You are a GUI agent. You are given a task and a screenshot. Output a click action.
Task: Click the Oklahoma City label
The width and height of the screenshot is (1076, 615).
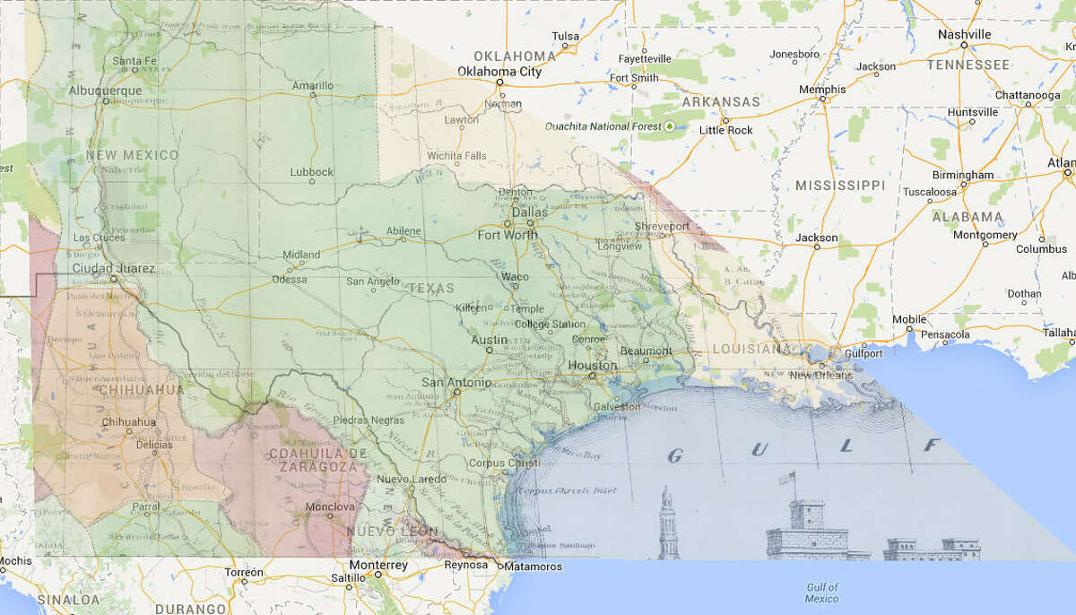[499, 72]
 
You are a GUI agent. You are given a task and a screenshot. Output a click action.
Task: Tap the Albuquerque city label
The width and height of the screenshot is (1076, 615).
[105, 91]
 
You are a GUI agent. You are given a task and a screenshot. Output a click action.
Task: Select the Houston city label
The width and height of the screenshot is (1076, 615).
[592, 366]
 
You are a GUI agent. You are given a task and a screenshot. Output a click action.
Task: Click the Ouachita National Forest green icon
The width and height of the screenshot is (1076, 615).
[669, 126]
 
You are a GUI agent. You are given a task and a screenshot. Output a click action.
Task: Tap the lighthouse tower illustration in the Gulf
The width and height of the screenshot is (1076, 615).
[666, 524]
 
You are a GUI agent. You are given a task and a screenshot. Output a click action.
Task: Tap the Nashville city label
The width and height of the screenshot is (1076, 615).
[964, 35]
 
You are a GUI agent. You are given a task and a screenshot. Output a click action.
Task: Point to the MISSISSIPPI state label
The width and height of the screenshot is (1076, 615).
[839, 186]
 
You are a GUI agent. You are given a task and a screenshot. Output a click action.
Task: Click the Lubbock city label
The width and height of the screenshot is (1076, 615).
[312, 172]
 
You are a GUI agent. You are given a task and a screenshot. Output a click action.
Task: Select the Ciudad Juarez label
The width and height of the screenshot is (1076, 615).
[113, 268]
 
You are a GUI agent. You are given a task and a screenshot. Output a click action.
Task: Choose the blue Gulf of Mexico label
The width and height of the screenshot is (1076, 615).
[821, 592]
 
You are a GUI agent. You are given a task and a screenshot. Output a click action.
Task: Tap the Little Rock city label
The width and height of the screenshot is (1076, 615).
[725, 130]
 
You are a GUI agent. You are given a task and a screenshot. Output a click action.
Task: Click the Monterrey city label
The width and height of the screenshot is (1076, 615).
[378, 566]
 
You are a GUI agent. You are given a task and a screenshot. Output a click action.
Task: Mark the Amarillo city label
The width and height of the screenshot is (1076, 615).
[313, 86]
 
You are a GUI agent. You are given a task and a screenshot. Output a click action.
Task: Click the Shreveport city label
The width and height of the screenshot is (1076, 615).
[662, 227]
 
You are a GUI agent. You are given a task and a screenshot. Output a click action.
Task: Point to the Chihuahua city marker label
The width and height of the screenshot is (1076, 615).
[129, 422]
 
